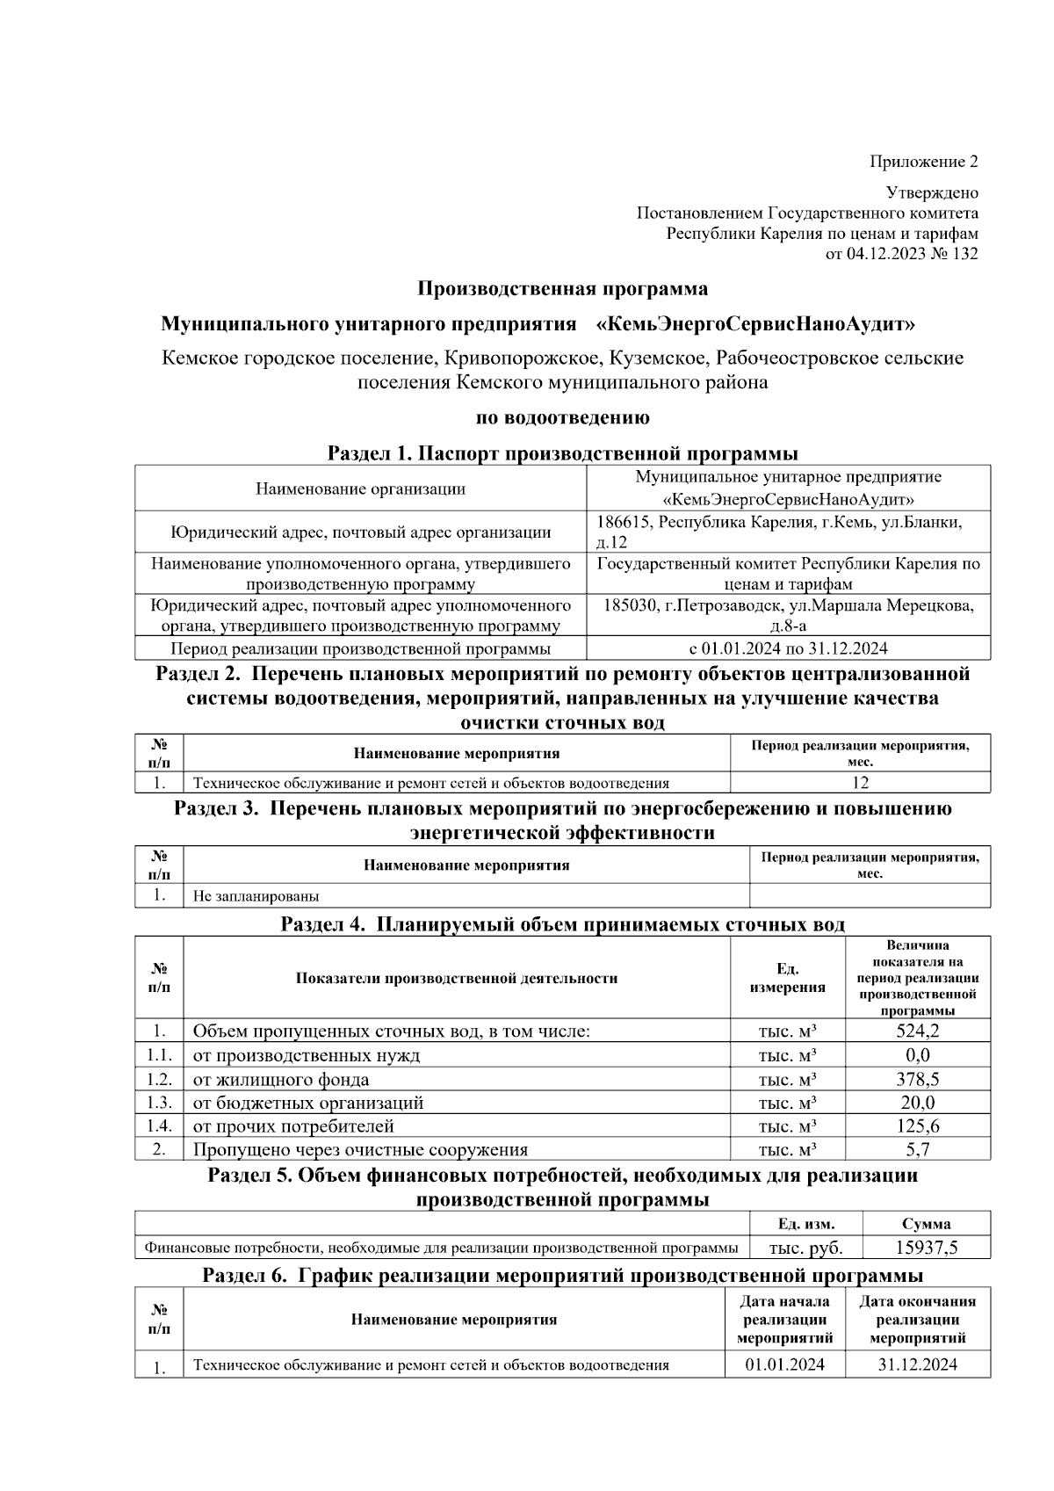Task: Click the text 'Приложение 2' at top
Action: click(x=923, y=162)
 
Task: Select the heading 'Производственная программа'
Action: click(x=562, y=289)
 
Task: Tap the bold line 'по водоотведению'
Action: click(x=562, y=418)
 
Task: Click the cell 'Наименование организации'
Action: click(x=360, y=489)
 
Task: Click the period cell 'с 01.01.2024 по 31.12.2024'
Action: click(x=788, y=649)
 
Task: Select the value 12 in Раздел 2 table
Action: click(x=860, y=783)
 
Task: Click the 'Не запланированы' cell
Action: click(x=256, y=897)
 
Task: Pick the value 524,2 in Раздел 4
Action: click(x=918, y=1031)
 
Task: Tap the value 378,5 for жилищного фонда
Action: click(x=918, y=1079)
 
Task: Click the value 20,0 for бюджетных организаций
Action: click(x=918, y=1103)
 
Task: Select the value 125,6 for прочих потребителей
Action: click(x=918, y=1126)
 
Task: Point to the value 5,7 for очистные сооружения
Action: click(x=918, y=1149)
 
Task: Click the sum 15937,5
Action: click(x=927, y=1248)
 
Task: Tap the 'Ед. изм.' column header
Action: click(x=806, y=1224)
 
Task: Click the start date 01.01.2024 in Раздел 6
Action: click(x=784, y=1364)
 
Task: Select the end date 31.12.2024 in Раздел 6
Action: click(x=918, y=1364)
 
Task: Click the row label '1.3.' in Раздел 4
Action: click(x=159, y=1103)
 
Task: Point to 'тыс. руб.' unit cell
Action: click(x=806, y=1248)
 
